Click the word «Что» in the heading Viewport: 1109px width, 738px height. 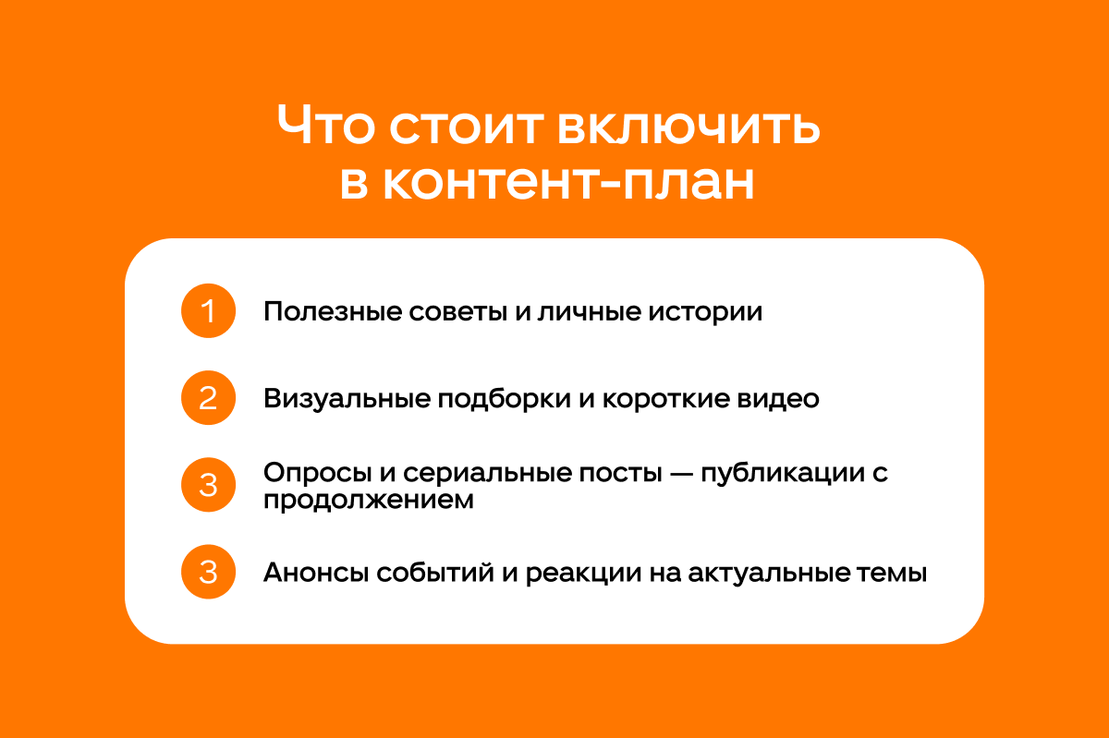coord(325,125)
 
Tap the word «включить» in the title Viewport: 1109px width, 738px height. coord(689,127)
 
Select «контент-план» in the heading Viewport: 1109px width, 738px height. coord(568,182)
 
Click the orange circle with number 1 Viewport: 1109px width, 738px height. coord(209,311)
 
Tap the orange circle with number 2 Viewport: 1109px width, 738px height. coord(209,398)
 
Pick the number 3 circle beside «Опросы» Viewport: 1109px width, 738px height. coord(209,485)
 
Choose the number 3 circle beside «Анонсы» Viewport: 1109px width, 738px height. coord(209,572)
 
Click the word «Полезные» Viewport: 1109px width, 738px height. coord(333,312)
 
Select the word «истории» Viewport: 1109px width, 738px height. coord(705,312)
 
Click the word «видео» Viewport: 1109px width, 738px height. coord(778,399)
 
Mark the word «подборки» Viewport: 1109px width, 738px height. coord(504,399)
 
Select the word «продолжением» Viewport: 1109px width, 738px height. coord(369,501)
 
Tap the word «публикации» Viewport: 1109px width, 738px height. coord(783,474)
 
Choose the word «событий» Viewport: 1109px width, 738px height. coord(435,573)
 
